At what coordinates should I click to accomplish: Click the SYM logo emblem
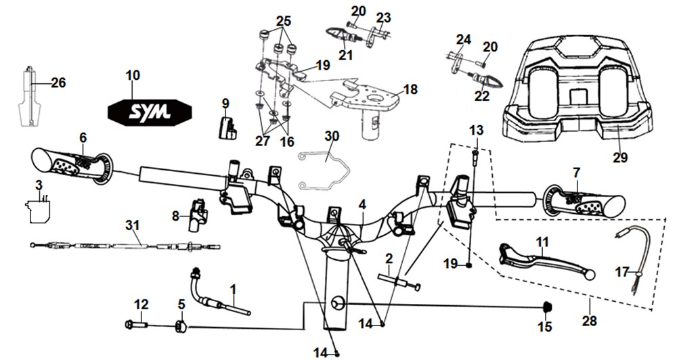point(150,112)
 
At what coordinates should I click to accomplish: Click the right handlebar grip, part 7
point(584,200)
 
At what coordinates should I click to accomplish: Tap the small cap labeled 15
point(548,307)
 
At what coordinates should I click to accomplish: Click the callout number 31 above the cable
point(133,225)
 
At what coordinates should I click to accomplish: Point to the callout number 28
point(590,321)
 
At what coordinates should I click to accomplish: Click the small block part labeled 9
point(227,128)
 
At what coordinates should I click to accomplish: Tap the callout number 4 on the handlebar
point(362,204)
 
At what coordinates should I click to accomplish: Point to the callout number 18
point(410,89)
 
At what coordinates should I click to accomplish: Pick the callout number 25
point(283,21)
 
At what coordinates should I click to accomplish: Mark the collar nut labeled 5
point(181,328)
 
